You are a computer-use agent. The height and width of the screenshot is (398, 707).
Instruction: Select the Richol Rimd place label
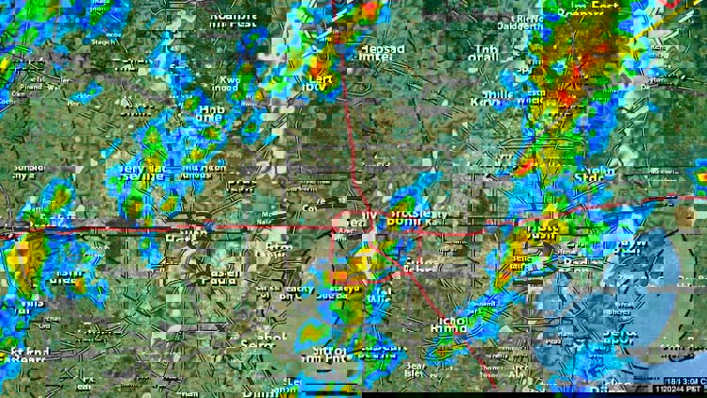point(448,325)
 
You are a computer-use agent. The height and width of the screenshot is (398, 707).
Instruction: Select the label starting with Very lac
point(140,171)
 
